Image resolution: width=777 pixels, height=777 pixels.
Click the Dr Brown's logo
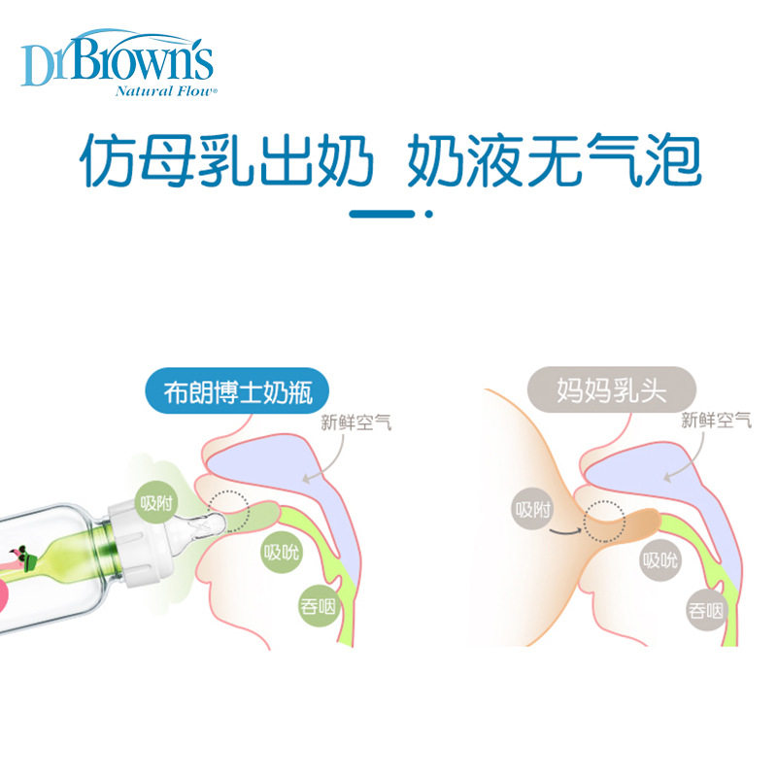(117, 60)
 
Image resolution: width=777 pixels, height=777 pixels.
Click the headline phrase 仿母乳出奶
(226, 161)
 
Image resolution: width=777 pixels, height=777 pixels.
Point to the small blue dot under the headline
(428, 215)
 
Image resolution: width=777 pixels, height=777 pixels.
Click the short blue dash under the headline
(383, 215)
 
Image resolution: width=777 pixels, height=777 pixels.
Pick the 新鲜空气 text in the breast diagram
(716, 421)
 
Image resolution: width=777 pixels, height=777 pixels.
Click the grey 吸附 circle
(532, 510)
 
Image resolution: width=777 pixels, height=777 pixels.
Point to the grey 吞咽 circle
(706, 611)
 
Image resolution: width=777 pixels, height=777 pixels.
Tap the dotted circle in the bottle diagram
(229, 510)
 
